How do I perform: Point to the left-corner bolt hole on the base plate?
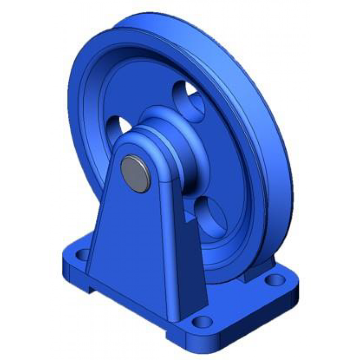(x=82, y=255)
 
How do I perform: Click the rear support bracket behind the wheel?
(x=256, y=270)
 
